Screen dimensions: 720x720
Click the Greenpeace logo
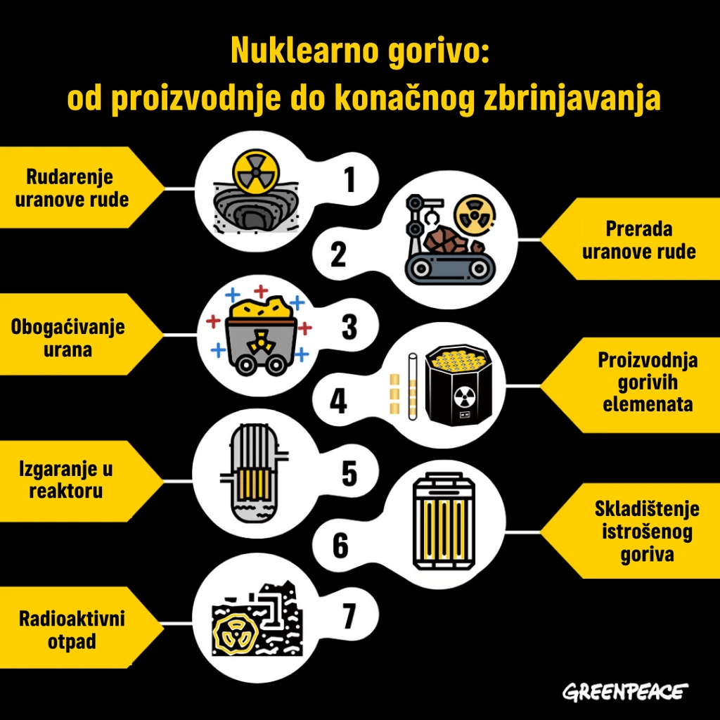click(625, 692)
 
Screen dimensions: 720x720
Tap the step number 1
click(350, 179)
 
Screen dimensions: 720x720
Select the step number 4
click(338, 400)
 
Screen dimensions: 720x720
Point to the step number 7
click(349, 616)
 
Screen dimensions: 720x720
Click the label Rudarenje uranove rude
click(72, 188)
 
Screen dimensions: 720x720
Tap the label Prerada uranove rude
click(638, 240)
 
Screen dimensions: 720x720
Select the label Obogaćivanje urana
click(68, 338)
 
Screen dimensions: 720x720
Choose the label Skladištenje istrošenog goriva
click(647, 532)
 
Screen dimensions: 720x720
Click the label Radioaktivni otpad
click(72, 630)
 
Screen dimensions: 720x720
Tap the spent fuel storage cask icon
click(444, 521)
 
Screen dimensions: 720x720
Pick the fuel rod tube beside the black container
click(412, 386)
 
